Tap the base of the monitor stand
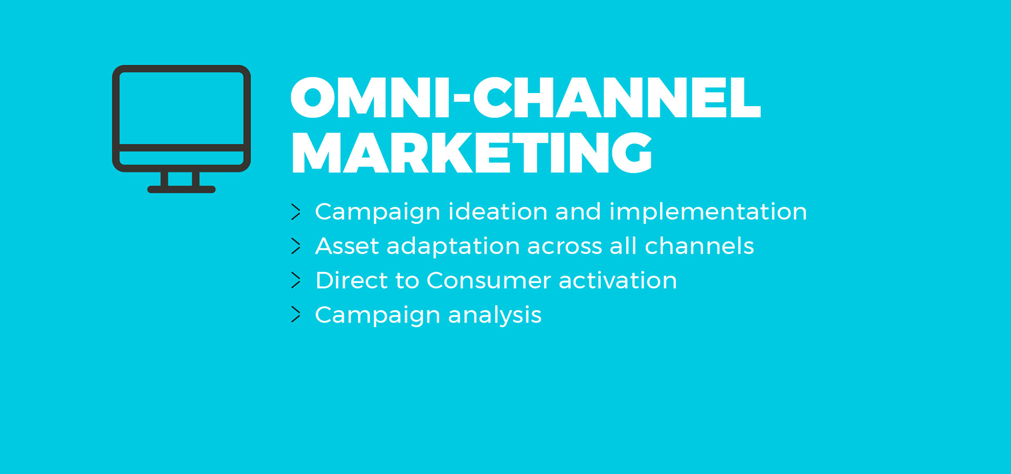point(181,189)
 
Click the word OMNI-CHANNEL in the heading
point(526,98)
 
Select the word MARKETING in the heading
point(471,153)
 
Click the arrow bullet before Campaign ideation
point(296,212)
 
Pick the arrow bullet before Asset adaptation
point(296,246)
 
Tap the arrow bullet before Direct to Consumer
point(296,280)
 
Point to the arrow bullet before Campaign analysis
point(296,315)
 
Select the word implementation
point(708,211)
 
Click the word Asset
point(346,246)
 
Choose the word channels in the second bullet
point(699,246)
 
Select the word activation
point(618,280)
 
